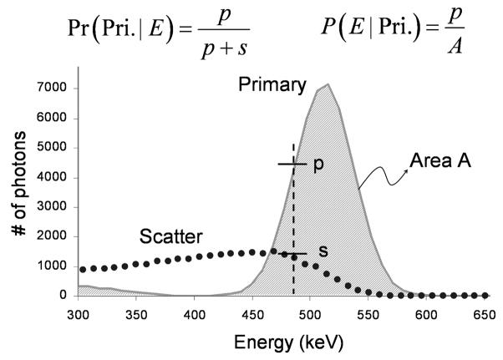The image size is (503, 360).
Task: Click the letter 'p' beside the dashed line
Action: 318,165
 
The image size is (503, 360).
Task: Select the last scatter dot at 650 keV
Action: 485,295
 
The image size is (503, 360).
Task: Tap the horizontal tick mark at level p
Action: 293,165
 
